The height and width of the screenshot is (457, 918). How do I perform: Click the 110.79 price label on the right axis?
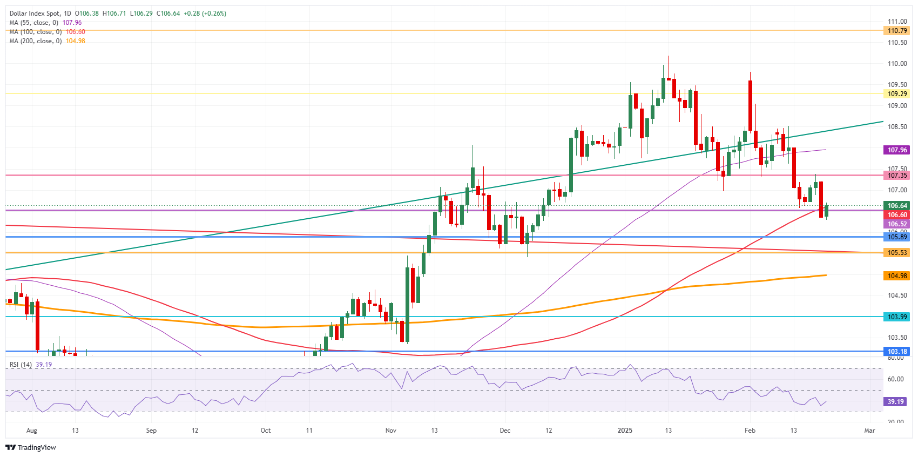897,31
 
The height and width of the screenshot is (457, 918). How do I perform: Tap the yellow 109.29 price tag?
897,94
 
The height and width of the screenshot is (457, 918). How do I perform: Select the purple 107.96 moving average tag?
897,150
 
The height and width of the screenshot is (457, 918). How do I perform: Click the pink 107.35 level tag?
897,176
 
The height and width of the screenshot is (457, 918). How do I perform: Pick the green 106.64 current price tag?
897,206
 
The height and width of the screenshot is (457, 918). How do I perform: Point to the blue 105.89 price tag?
897,237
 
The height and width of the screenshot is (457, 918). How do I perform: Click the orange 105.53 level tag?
897,253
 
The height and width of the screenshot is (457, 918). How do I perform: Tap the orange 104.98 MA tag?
897,276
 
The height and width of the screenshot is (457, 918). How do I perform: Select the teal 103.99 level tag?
897,317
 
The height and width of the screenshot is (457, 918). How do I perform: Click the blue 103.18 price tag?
897,352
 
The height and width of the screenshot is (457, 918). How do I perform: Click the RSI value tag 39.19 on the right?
895,402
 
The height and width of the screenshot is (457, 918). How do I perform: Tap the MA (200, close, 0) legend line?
47,41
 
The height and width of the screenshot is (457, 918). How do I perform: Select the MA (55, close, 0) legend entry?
45,23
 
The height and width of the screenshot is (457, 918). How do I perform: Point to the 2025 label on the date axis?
625,431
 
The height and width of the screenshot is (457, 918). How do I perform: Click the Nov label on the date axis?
391,431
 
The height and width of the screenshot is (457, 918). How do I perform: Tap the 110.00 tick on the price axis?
897,64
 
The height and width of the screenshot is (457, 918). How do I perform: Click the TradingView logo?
31,447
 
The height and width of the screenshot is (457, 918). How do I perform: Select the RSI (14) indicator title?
21,365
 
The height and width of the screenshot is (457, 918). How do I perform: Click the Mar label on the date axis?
869,431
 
